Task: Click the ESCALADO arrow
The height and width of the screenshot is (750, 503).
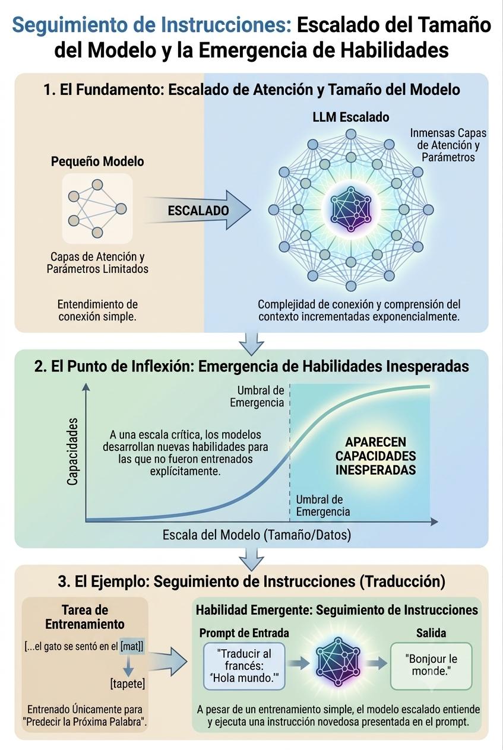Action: [x=198, y=210]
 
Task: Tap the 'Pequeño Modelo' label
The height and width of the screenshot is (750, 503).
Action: [x=97, y=162]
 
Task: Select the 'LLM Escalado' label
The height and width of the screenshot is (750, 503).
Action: [x=351, y=117]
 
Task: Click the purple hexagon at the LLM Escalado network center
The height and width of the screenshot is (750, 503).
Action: [x=350, y=210]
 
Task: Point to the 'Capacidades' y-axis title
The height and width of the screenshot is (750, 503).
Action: [x=72, y=452]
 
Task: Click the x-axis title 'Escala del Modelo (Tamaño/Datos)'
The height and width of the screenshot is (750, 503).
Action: [x=257, y=535]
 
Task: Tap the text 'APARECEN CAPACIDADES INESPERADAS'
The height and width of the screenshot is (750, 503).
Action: [x=376, y=456]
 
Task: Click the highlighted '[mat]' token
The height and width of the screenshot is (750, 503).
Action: [x=132, y=646]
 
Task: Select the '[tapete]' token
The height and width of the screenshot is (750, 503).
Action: [x=128, y=684]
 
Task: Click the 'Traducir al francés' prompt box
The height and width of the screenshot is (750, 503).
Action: [x=244, y=666]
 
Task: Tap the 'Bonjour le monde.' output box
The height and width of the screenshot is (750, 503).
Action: [x=431, y=666]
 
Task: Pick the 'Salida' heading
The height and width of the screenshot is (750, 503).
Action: [x=431, y=633]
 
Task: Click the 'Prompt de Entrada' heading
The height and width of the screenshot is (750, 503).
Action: [x=244, y=633]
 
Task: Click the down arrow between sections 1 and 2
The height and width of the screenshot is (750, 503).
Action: [x=252, y=344]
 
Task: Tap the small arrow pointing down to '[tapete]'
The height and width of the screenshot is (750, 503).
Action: [x=128, y=665]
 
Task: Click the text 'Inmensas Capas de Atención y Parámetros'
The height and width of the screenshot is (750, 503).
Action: [x=448, y=145]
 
